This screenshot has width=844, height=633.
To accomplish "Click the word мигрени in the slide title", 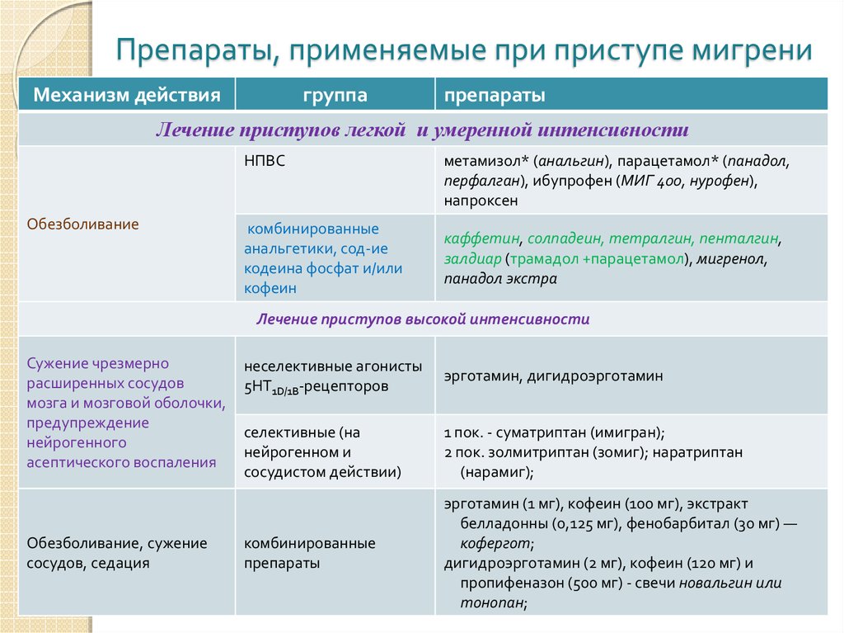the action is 752,51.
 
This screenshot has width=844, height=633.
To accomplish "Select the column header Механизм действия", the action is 127,95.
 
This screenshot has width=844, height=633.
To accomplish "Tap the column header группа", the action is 335,96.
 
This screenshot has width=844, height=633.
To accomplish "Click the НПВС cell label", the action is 265,160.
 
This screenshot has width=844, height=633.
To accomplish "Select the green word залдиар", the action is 472,259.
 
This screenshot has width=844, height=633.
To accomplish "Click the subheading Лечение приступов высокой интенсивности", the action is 423,319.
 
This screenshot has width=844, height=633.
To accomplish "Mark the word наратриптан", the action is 697,452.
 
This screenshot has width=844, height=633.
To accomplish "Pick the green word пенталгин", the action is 740,239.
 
